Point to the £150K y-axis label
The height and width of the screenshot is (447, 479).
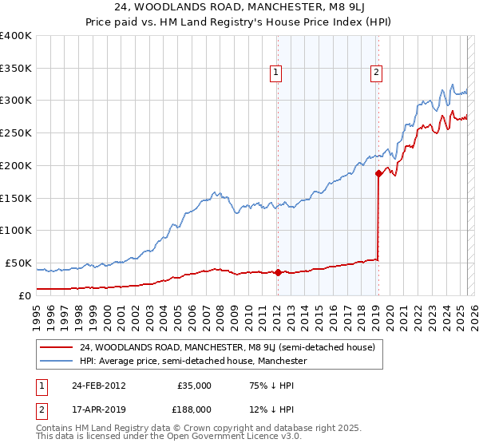pyautogui.click(x=16, y=198)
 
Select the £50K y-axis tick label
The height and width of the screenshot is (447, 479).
pyautogui.click(x=18, y=263)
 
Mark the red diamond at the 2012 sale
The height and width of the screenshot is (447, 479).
pyautogui.click(x=278, y=272)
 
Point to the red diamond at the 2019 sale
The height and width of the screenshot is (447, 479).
pyautogui.click(x=378, y=173)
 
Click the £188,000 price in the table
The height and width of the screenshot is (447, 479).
pyautogui.click(x=193, y=409)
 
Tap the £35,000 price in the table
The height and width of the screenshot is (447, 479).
pyautogui.click(x=195, y=386)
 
